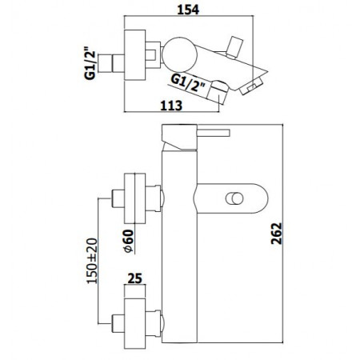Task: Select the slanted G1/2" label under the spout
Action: pos(190,80)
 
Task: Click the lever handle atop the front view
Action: pos(210,131)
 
